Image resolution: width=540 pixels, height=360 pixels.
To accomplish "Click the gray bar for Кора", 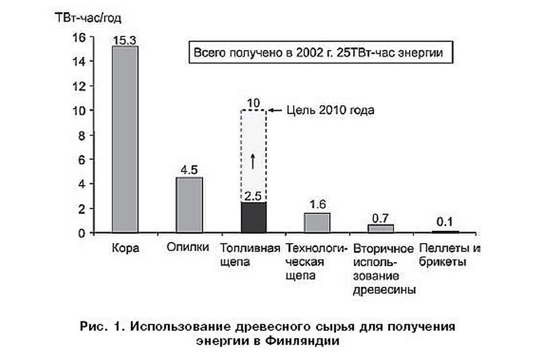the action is [125, 140].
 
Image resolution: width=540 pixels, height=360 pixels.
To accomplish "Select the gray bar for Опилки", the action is [189, 205].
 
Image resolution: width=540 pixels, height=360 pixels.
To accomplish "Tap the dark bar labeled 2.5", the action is [254, 217].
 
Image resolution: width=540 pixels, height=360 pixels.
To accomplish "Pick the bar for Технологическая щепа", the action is [317, 223].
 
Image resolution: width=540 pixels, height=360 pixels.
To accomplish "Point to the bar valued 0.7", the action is [381, 229].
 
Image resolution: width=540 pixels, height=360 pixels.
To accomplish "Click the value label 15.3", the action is [125, 41].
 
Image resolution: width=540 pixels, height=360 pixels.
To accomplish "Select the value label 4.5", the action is [189, 170].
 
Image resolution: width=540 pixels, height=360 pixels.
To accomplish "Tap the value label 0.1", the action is [444, 222].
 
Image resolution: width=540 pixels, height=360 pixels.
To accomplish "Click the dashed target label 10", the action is [254, 103].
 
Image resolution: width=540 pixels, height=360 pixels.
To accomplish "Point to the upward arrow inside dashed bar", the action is [253, 161].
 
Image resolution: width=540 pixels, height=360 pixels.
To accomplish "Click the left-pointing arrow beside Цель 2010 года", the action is [275, 110].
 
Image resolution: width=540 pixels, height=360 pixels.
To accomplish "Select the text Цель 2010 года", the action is [330, 110].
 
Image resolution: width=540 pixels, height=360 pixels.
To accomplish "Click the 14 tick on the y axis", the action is [79, 61].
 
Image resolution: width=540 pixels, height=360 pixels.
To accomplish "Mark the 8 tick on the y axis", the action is [82, 136].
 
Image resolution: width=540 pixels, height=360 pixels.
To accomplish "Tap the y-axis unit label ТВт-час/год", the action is [88, 18].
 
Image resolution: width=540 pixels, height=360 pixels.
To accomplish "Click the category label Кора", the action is [126, 248].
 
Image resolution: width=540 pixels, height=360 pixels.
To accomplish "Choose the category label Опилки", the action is [188, 247].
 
